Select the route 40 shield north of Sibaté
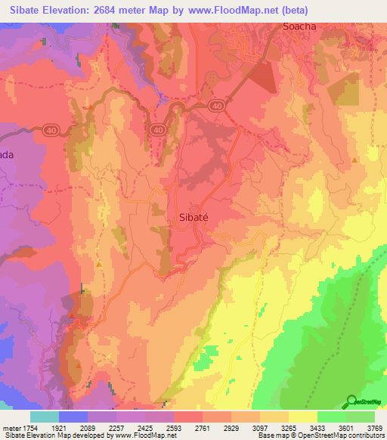tap(157, 130)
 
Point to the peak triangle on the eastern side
tap(354, 160)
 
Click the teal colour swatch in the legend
tap(45, 417)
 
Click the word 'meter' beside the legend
tap(13, 428)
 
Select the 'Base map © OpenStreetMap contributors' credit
tap(321, 435)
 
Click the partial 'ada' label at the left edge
tap(7, 154)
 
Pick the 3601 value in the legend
tap(346, 428)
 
